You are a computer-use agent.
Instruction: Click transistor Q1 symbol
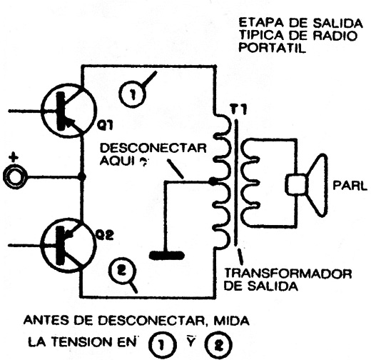(68, 111)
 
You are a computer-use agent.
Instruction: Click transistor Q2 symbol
(68, 244)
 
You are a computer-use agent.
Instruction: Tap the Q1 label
(105, 125)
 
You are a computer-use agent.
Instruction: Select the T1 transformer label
(238, 110)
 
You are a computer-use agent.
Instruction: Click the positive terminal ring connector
(15, 176)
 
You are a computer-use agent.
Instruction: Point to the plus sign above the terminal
(14, 157)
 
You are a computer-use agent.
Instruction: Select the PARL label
(350, 186)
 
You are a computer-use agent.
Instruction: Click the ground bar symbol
(167, 256)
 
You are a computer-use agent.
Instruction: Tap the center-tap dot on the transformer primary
(213, 181)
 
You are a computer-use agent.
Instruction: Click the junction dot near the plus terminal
(82, 176)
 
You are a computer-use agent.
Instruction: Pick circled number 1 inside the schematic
(133, 94)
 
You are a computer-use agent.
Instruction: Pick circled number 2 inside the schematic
(122, 271)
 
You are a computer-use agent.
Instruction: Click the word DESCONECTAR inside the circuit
(153, 148)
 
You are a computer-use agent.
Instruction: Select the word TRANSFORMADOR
(288, 274)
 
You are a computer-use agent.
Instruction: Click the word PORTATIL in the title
(272, 48)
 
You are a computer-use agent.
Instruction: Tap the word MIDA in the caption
(231, 321)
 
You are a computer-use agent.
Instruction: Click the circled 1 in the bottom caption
(163, 345)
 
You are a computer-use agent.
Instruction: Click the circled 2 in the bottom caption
(218, 345)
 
